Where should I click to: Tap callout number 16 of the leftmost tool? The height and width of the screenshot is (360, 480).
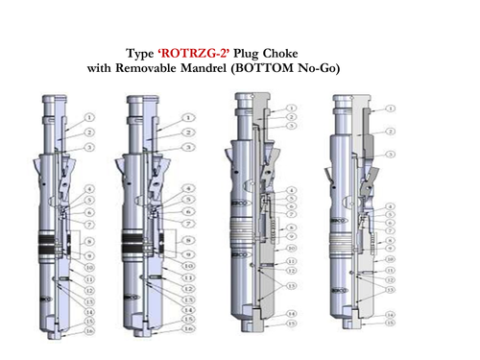tap(89, 328)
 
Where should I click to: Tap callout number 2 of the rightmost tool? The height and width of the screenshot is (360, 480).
tap(392, 130)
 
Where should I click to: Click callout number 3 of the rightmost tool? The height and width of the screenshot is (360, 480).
tap(392, 155)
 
